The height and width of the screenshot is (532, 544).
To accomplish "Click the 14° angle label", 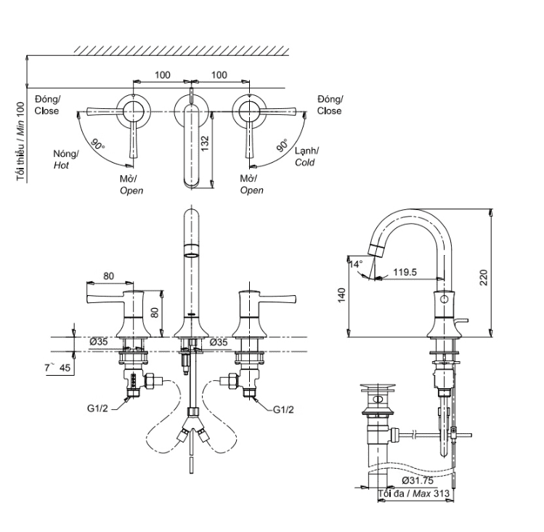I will coord(354,265).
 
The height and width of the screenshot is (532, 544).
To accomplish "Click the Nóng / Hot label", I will coord(65,159).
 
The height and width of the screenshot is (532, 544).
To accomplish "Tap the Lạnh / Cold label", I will coord(306,157).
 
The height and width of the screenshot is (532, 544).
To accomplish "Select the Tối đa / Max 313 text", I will coord(412,495).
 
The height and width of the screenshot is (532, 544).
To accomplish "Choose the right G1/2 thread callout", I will coord(283,410).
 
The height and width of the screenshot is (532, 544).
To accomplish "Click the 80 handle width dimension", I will coord(109,275).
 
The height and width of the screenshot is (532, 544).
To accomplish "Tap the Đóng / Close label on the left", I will coord(47,105).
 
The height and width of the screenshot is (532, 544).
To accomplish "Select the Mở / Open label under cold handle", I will coord(251,185).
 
